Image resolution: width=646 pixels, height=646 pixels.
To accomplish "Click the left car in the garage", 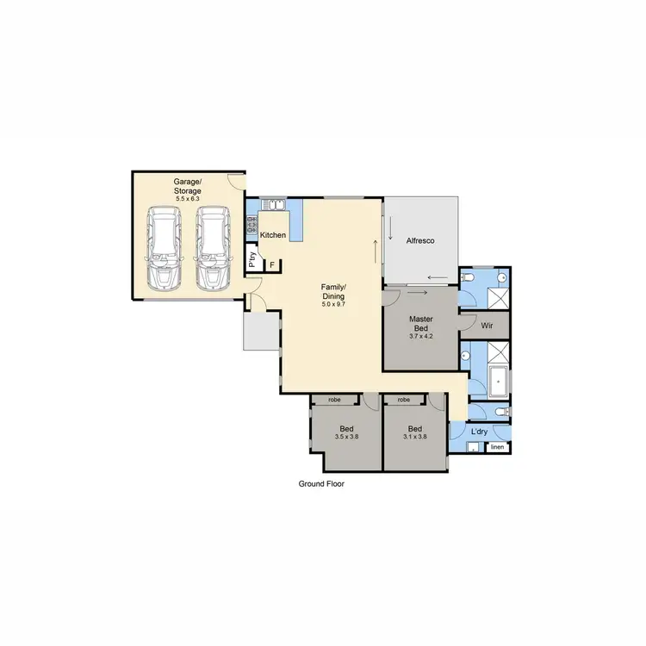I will (163, 248).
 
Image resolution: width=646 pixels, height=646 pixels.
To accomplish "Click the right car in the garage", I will (213, 248).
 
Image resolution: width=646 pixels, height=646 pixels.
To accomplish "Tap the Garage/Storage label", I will (187, 186).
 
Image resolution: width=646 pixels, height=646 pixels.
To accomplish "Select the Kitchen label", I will (273, 235).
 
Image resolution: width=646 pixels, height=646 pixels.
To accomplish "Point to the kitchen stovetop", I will (252, 227).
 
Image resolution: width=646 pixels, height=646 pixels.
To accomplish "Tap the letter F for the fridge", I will (272, 264).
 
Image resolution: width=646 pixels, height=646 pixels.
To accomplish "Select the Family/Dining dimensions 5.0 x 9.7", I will (333, 304).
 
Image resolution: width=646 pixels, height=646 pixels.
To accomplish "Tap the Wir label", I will (486, 326).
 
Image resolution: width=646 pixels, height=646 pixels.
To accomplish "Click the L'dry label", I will (480, 432).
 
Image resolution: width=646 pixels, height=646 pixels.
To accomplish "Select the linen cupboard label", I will (497, 448).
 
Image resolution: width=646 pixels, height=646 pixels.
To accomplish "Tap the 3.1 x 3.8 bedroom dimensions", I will (415, 438).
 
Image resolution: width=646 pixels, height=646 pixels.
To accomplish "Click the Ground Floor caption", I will (321, 484).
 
